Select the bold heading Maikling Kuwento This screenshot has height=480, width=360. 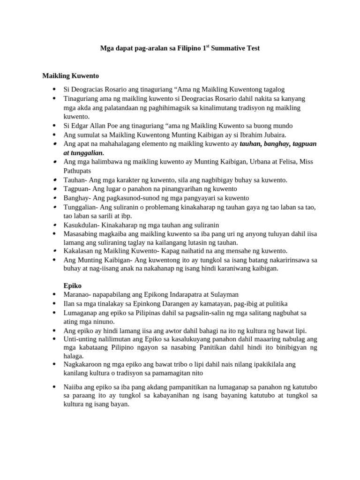(70, 75)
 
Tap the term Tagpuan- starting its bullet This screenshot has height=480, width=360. (78, 189)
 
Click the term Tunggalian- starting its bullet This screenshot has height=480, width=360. (81, 207)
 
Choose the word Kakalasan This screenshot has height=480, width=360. (79, 251)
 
